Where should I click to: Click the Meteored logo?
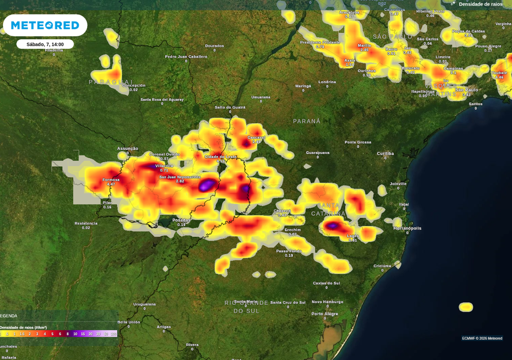pos(45,25)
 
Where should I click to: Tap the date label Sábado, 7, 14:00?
pos(45,45)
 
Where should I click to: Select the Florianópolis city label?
pos(407,228)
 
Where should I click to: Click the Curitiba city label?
pos(386,153)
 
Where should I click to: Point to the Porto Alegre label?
pos(325,314)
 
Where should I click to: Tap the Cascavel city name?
pos(257,138)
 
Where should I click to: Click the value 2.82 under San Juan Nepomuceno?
pos(180,182)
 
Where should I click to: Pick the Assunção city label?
pos(127,149)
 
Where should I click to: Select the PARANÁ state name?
pos(307,121)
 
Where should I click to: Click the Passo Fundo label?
pos(289,251)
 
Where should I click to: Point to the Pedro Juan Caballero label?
pos(186,56)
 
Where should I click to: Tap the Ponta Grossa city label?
pos(358,142)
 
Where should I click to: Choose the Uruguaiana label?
pos(144,304)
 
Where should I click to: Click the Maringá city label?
pos(303,85)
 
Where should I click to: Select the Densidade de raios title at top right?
pos(480,4)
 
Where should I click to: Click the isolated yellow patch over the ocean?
pos(466,307)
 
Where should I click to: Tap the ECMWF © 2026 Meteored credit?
pos(482,338)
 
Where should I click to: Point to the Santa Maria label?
pos(245,301)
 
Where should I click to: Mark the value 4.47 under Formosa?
pos(111,184)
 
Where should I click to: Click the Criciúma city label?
pos(382,266)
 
